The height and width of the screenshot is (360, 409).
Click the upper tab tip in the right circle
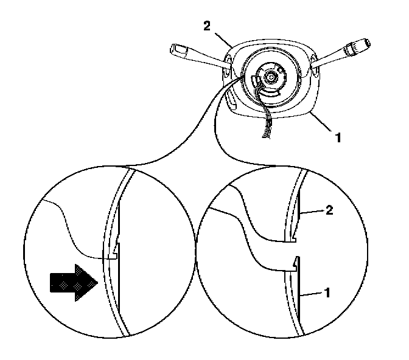click(x=295, y=240)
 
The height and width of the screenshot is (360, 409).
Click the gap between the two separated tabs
click(x=294, y=251)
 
